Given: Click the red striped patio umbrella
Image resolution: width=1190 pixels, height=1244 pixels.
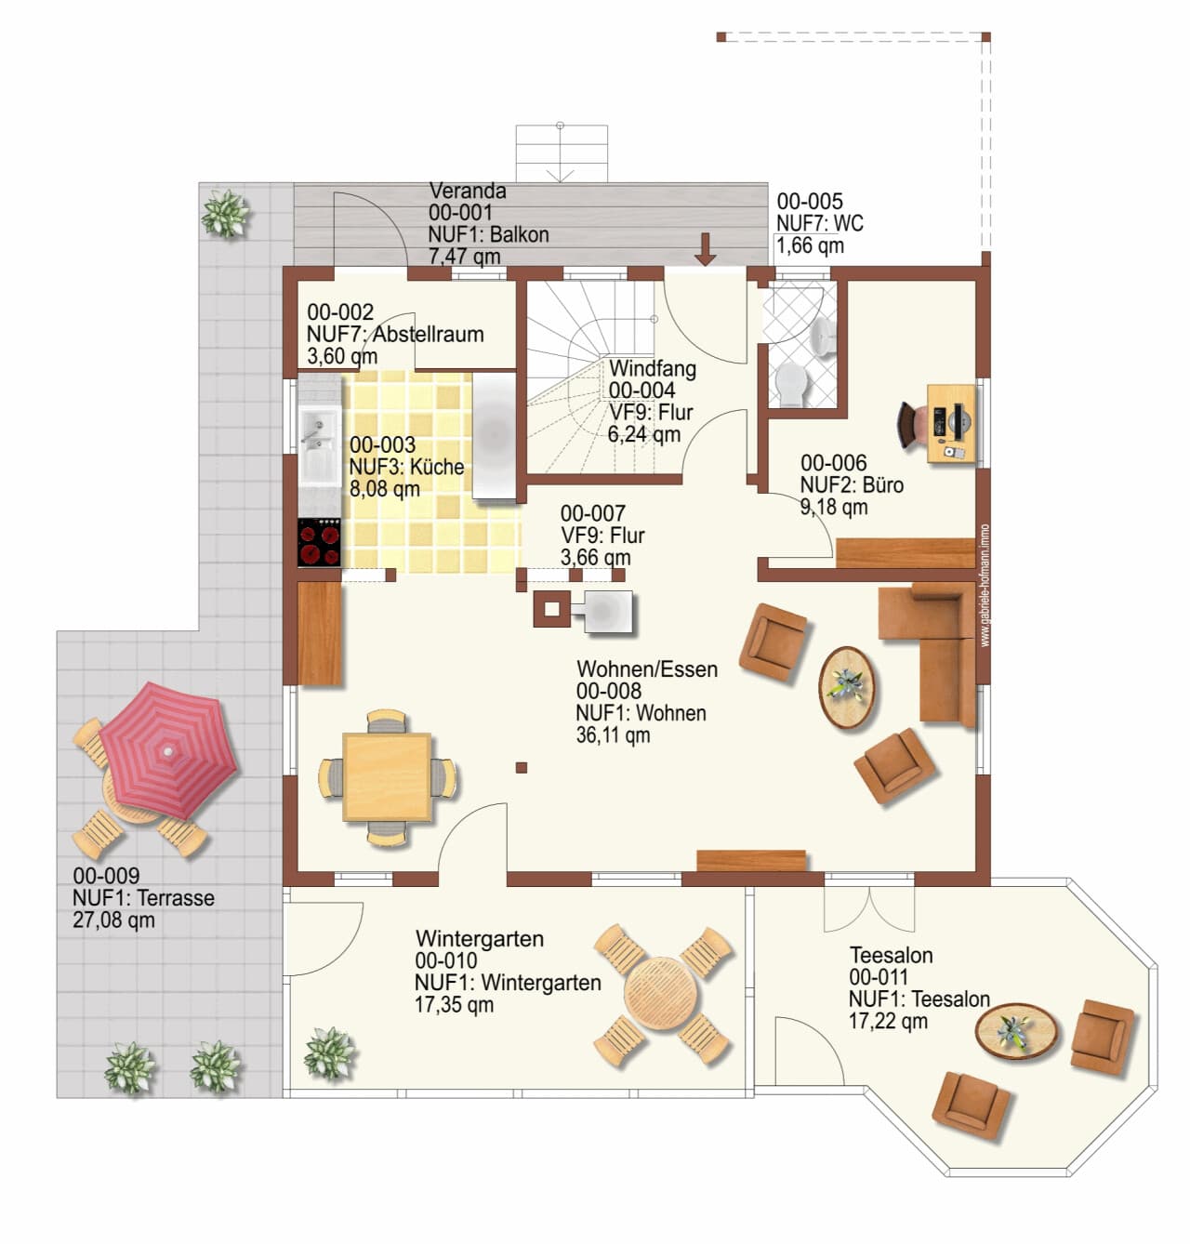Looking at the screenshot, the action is (168, 752).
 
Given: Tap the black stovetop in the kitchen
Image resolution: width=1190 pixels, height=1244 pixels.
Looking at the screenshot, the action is (319, 542).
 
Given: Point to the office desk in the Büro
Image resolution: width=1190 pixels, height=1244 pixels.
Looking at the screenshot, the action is (951, 423).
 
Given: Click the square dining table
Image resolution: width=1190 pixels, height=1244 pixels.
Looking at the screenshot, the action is (387, 776).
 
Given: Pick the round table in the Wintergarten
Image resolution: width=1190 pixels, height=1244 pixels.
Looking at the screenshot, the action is (661, 993).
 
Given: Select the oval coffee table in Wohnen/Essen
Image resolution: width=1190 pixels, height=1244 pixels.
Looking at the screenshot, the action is (847, 688).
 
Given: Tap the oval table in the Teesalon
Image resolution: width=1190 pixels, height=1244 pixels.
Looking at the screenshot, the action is (1016, 1031).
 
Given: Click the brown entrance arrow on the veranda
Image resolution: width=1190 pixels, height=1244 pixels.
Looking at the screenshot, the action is (706, 249).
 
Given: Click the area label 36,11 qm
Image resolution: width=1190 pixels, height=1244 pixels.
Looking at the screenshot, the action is (613, 735).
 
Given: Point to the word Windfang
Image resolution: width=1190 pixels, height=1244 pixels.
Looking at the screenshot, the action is (652, 368).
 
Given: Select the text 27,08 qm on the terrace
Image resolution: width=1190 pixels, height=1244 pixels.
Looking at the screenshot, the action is (113, 920).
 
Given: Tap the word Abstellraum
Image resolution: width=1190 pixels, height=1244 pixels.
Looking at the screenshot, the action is (429, 334).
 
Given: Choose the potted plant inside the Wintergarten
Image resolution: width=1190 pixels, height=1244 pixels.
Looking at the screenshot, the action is (329, 1052).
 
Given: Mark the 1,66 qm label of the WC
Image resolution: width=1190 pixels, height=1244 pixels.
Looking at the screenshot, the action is (811, 245).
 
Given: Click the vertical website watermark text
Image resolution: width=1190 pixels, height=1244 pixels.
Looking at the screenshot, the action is (985, 586).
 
